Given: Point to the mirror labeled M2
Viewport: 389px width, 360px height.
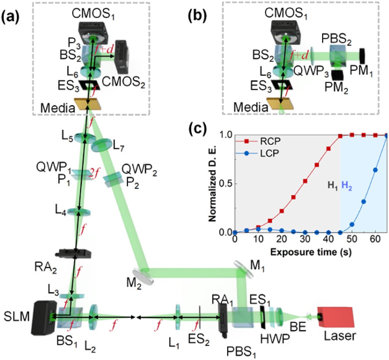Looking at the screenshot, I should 143,276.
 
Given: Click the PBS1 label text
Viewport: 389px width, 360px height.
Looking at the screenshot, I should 241,351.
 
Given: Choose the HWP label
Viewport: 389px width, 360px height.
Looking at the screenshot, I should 275,339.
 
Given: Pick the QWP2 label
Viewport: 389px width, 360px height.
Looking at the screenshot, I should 139,170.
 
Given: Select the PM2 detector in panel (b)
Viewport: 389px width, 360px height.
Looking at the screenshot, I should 338,75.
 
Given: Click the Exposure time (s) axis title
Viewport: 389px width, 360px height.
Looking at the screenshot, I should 311,252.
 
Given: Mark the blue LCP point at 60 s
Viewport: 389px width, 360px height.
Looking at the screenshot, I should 375,170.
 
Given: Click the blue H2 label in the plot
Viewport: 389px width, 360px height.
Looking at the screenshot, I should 347,186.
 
